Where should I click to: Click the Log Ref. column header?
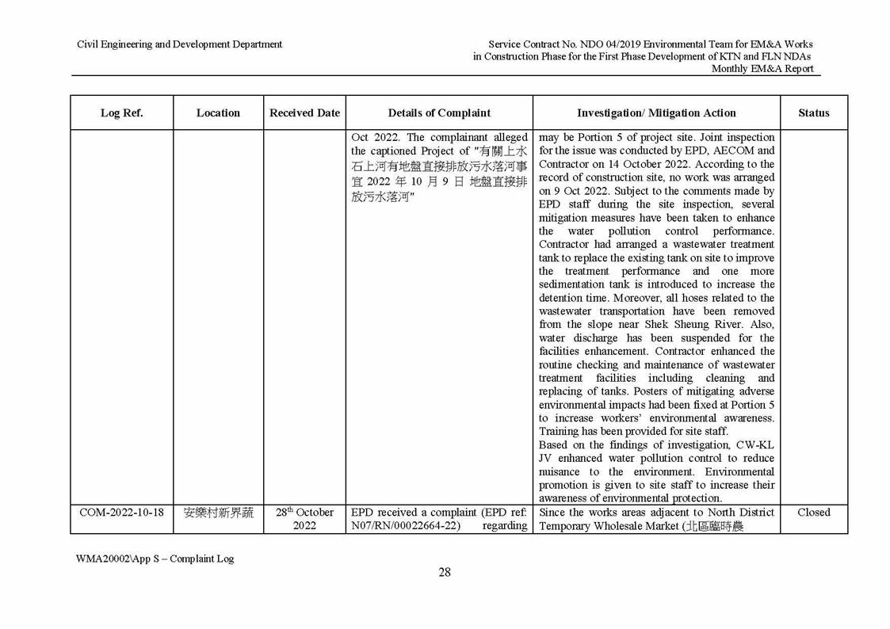(x=121, y=112)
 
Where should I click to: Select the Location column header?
(x=218, y=112)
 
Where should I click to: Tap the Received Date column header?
(x=304, y=112)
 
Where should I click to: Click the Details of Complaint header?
(x=439, y=112)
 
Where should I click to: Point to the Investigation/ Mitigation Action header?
(x=656, y=112)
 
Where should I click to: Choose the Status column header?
(x=813, y=112)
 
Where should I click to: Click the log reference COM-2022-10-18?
(x=121, y=513)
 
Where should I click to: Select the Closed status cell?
(x=813, y=513)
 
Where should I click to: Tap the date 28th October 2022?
(x=304, y=519)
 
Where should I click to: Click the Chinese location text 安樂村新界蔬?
(x=218, y=513)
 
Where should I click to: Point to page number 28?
(x=445, y=573)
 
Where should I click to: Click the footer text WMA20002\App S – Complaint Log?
(x=155, y=558)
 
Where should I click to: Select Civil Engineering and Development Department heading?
(x=179, y=44)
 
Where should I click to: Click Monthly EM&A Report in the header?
(x=762, y=69)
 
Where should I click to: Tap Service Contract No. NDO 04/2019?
(x=567, y=44)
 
